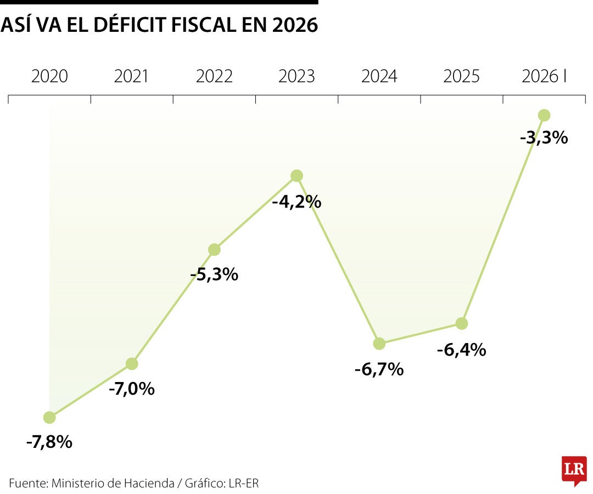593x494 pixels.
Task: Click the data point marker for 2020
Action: (49, 418)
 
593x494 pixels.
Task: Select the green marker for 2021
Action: (132, 363)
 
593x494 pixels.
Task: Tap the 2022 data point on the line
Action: (215, 249)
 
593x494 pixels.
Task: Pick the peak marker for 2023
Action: (297, 176)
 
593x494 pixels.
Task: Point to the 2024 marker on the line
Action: (379, 344)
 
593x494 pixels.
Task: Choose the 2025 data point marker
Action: (462, 323)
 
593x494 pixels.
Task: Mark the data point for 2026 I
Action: (544, 115)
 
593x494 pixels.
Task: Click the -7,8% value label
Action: (49, 442)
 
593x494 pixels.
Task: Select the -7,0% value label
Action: (132, 389)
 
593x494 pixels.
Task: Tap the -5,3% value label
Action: (215, 274)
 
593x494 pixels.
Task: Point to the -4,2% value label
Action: (297, 202)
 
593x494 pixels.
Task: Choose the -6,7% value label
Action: (379, 369)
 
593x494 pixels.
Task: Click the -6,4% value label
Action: (462, 350)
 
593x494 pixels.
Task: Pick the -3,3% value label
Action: (544, 138)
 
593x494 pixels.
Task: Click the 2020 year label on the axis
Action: (49, 76)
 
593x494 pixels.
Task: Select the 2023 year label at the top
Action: (297, 76)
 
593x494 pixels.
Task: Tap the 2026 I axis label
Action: (544, 76)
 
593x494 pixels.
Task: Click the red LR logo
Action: (574, 470)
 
